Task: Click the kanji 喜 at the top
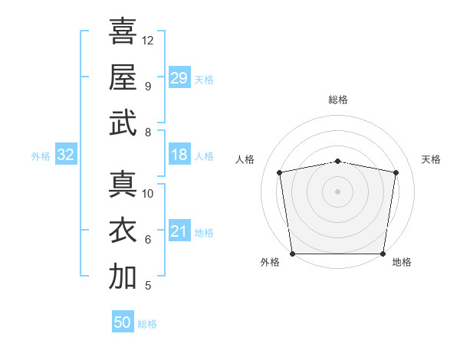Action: coord(123,31)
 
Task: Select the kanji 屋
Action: coord(123,77)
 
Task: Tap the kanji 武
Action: coord(123,123)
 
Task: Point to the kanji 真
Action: coord(123,184)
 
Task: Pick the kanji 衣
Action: coord(123,230)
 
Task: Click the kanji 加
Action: coord(123,276)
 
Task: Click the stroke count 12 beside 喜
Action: coord(147,41)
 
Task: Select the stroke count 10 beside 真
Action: coord(147,194)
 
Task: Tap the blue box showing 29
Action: coord(179,77)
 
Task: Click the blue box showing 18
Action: coord(179,154)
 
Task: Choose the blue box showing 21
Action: coord(179,230)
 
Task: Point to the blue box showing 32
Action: coord(66,154)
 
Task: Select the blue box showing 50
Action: coord(123,321)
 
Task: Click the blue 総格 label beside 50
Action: coord(147,324)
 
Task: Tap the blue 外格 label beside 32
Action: coord(41,156)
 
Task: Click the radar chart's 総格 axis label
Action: coord(338,100)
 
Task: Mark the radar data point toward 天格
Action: coord(396,172)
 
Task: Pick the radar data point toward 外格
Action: coord(292,254)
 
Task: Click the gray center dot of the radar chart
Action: coord(337,191)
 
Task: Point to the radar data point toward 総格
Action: coord(337,162)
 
